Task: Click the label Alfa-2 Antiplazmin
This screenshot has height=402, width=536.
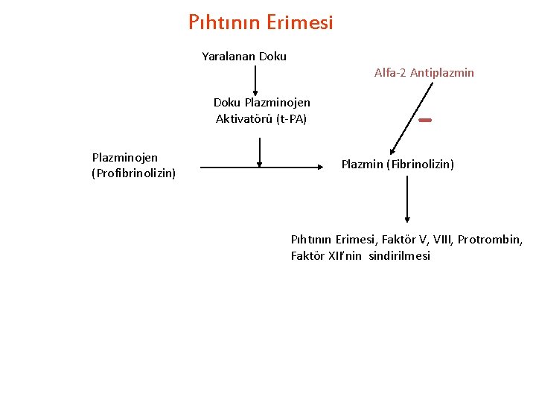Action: point(424,73)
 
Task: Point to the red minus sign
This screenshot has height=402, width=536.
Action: point(425,120)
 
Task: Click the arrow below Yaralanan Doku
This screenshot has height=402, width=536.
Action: point(255,82)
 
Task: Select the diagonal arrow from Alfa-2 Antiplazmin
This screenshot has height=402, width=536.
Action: point(412,117)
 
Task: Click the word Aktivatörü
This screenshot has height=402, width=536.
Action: point(241,118)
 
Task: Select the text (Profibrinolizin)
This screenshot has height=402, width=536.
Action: point(134,173)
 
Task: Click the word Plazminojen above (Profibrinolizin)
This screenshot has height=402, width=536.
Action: point(124,158)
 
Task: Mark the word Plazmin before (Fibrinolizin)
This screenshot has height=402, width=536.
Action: point(361,164)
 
